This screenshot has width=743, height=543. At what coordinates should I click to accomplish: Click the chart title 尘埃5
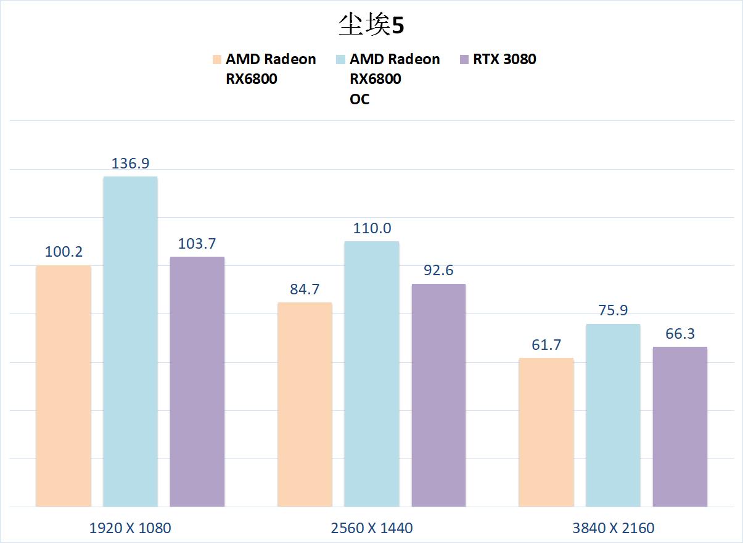coord(371,25)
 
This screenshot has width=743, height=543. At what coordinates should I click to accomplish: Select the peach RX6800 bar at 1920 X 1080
coord(64,386)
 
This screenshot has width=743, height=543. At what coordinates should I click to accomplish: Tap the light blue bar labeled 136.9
coord(130,341)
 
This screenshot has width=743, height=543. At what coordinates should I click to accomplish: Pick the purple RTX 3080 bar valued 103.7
coord(197,381)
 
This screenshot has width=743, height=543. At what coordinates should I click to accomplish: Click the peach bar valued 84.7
coord(305,404)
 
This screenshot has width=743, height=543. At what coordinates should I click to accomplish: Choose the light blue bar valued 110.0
coord(371,373)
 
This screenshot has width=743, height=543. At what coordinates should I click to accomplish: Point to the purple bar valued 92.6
coord(438,395)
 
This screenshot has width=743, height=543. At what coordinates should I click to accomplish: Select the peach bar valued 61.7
coord(546,432)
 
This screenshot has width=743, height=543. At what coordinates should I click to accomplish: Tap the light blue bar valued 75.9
coord(613,415)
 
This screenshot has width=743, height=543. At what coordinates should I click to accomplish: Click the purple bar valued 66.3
coord(679,426)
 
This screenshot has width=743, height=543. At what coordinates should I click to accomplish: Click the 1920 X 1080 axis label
coord(130,528)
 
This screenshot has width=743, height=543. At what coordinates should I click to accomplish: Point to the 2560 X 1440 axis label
coord(371,528)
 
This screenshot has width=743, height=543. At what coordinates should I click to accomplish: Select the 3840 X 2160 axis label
coord(613,528)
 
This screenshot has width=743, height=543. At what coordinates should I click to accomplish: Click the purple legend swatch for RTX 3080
coord(465,60)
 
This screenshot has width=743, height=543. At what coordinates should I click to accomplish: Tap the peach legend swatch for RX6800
coord(217,60)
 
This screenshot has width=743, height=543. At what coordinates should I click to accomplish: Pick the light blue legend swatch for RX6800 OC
coord(340,60)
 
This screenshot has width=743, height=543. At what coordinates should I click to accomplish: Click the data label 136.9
coord(130,164)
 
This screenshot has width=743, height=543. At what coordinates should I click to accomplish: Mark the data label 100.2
coord(64,252)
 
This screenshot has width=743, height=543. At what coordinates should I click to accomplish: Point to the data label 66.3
coord(679,334)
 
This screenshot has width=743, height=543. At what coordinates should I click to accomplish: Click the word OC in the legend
coord(359,99)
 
